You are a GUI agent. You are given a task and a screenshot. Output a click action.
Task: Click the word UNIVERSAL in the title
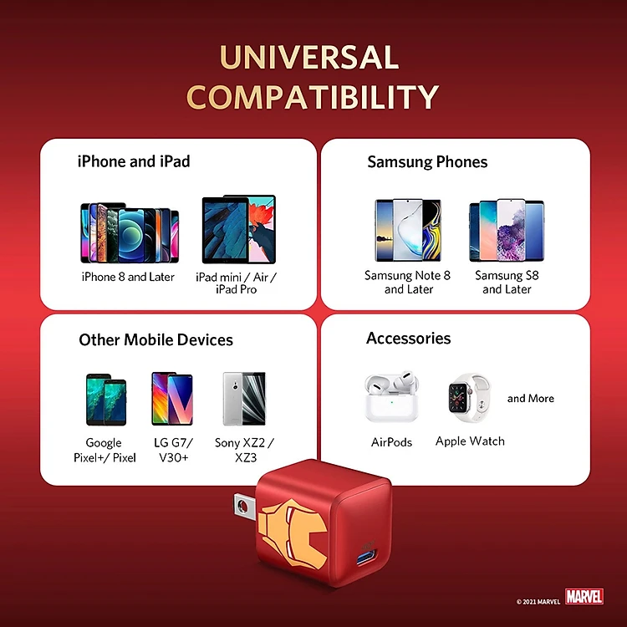309,57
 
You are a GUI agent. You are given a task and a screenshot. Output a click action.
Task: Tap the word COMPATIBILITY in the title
313,96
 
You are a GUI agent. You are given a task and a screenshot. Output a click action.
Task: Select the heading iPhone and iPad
134,161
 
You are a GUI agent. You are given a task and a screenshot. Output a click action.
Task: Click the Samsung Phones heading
427,162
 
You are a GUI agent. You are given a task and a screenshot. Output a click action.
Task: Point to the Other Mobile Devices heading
155,339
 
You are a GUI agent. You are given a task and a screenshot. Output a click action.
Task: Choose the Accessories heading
408,339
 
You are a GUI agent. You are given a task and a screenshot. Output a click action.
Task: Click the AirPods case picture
391,397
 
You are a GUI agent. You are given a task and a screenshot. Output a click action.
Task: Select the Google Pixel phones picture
106,400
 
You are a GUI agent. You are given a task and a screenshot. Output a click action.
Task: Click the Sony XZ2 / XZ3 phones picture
244,399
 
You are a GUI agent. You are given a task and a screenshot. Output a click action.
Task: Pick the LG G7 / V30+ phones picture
172,399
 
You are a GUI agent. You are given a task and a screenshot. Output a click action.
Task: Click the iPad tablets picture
239,229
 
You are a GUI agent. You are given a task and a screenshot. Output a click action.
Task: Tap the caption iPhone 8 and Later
128,277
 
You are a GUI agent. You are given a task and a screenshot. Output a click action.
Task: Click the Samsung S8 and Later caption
507,283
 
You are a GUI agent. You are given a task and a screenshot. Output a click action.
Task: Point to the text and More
531,398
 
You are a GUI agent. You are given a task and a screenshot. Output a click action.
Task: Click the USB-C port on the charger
365,558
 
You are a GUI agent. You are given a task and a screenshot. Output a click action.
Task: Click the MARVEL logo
584,597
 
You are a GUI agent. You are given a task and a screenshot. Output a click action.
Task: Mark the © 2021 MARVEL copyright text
538,602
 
